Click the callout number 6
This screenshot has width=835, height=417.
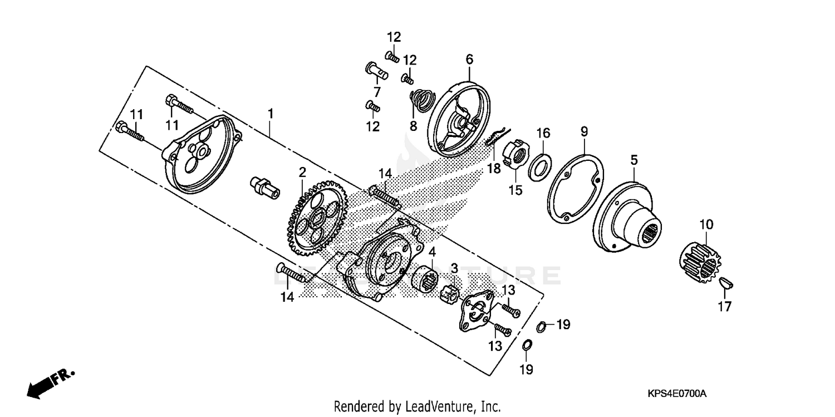point(469,58)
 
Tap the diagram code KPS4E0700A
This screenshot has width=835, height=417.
point(677,394)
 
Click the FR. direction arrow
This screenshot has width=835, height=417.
point(50,384)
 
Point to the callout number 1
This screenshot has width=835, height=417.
point(271,114)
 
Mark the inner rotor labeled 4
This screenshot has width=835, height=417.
point(429,277)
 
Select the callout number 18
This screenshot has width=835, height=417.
point(494,169)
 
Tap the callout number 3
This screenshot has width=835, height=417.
point(454,268)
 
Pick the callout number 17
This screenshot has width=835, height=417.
point(725,306)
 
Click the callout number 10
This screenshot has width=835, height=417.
point(706,225)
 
